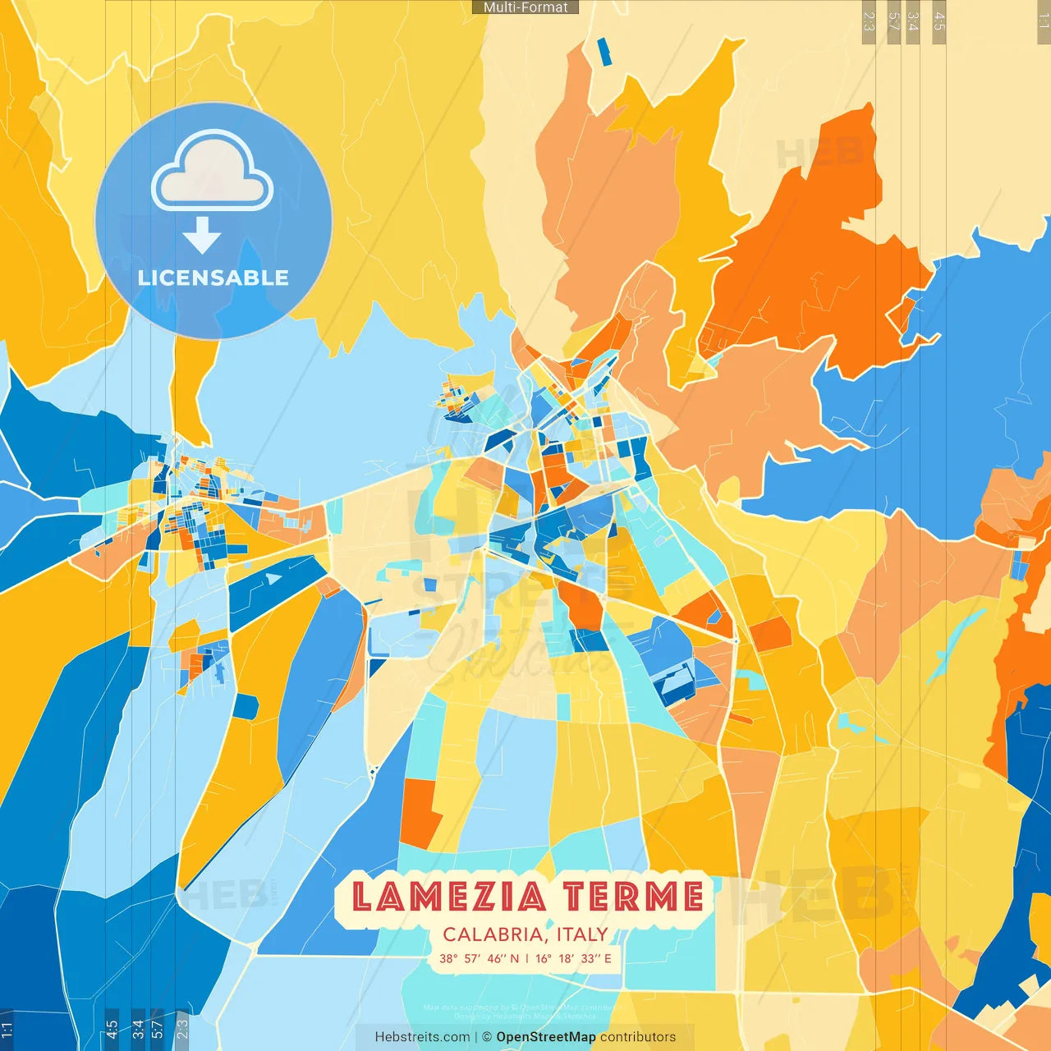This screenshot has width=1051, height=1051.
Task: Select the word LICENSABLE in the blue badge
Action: pos(213,278)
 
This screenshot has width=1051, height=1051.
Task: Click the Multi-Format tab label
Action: pos(525,7)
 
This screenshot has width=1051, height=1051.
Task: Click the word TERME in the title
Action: pos(633,897)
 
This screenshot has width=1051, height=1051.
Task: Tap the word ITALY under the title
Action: pos(582,934)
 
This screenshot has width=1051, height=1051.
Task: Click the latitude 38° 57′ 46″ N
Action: pos(480,958)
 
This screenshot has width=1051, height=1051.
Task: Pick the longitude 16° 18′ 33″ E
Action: pos(574,958)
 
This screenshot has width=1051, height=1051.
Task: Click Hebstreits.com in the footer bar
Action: pos(422,1037)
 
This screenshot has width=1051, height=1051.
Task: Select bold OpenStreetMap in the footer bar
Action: pos(546,1037)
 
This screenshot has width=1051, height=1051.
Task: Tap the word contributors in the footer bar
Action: pos(638,1037)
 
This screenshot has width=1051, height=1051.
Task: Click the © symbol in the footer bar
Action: pos(487,1037)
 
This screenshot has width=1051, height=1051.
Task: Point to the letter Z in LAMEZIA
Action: pos(480,897)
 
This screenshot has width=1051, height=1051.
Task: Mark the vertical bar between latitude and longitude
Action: pos(527,958)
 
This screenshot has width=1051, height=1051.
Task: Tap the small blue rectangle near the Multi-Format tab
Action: pos(604,52)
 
